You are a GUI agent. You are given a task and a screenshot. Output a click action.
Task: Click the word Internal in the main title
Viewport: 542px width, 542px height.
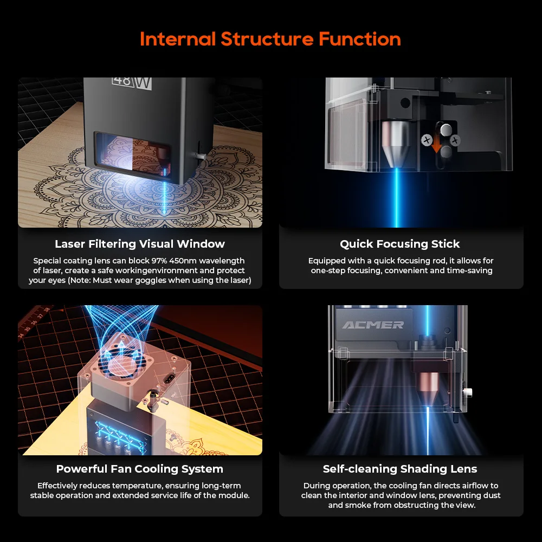[x=178, y=38]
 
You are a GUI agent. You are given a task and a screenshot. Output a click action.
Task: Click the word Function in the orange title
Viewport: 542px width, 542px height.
[x=360, y=38]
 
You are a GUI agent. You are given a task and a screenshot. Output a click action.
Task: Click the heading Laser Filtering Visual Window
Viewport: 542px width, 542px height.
[x=140, y=244]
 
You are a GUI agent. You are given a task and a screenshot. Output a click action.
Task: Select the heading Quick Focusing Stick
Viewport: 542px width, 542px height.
[x=400, y=244]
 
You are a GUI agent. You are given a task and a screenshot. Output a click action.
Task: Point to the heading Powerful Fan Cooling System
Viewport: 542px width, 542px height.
[x=140, y=469]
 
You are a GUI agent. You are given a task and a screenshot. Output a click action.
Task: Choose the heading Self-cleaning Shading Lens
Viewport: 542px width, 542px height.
[x=400, y=469]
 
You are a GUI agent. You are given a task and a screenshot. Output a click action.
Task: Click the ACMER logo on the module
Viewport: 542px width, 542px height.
[x=373, y=325]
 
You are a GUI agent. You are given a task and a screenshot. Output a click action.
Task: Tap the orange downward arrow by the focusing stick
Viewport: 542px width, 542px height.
[x=436, y=144]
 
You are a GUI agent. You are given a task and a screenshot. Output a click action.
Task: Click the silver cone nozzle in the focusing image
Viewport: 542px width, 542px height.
[x=396, y=144]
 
